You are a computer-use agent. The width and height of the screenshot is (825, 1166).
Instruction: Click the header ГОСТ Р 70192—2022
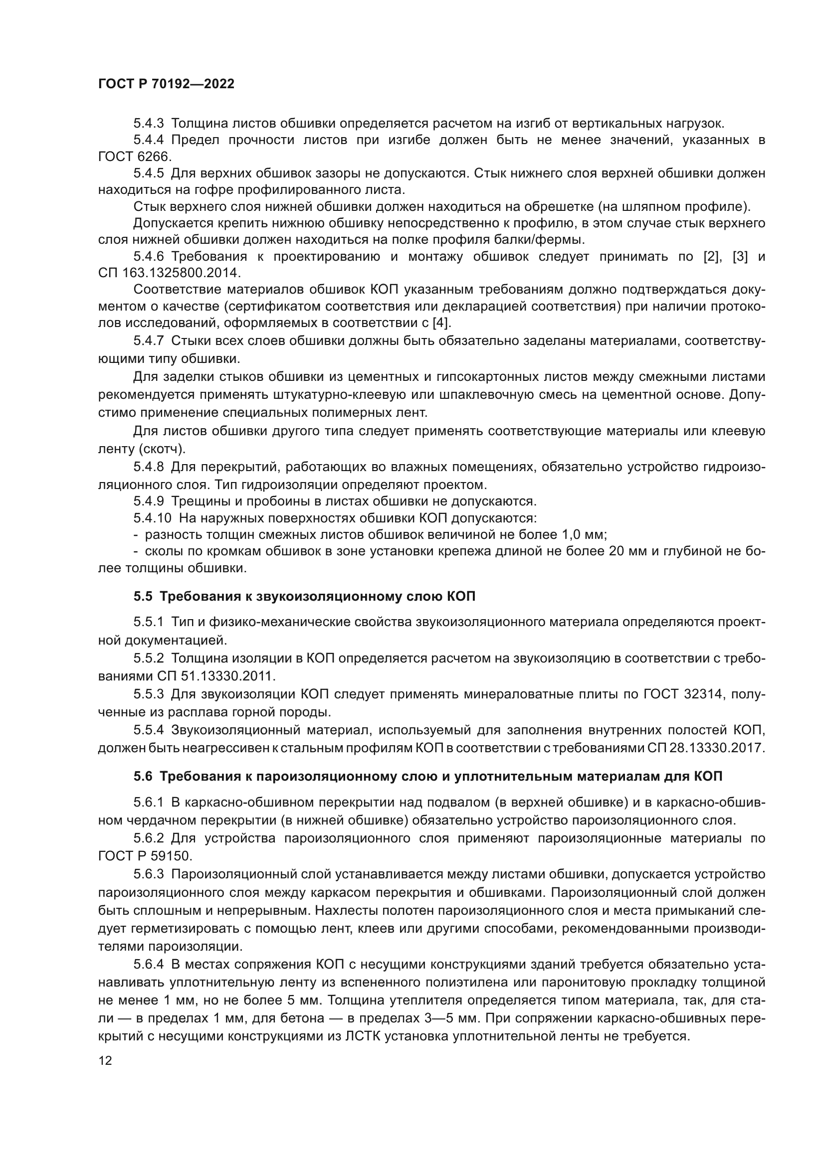tap(166, 84)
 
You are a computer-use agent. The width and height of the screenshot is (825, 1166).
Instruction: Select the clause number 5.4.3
tap(148, 124)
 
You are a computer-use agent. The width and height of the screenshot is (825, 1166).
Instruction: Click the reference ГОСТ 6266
tap(135, 157)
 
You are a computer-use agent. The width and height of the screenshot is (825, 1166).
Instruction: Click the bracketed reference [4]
tap(441, 323)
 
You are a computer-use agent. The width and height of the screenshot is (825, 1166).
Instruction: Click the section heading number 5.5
tap(143, 596)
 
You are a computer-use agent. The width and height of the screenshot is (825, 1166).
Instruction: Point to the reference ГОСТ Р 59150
tap(144, 856)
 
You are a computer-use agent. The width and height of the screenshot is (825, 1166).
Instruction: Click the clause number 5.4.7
tap(148, 341)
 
